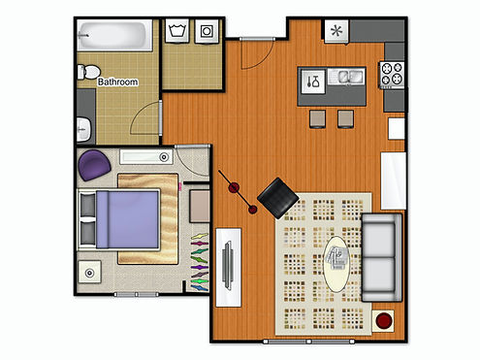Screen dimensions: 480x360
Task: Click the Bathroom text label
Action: coord(117,82)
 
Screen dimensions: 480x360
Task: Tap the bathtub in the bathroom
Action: coord(114,35)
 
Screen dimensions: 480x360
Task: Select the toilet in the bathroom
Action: coord(88,72)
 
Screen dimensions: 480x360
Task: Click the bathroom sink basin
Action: coord(83,129)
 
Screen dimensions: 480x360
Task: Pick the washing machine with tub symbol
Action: coord(176,31)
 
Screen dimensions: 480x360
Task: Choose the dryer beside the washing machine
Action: coord(207,31)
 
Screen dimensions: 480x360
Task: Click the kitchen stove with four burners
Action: coord(392,74)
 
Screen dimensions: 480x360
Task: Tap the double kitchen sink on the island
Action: coord(346,77)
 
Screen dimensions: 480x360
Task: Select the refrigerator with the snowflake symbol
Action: coord(336,31)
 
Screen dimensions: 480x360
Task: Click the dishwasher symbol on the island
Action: coord(313,82)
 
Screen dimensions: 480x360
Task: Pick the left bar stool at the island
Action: coord(317,118)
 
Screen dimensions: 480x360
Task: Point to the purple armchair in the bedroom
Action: coord(94,165)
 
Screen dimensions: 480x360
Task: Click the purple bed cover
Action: coord(128,219)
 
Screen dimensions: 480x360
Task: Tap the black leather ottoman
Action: coord(278,197)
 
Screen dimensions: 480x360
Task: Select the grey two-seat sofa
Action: coord(382,257)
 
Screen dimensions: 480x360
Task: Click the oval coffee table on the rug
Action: coord(336,264)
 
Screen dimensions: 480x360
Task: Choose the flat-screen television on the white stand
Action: coord(228,265)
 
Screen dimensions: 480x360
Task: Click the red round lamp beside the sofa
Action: coord(384,320)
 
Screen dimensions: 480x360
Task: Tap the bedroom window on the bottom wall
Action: coord(137,294)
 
